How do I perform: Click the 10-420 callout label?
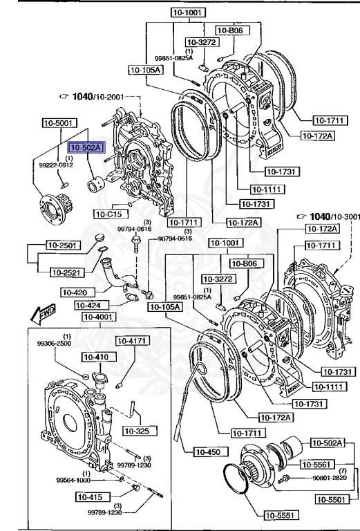pyautogui.click(x=77, y=292)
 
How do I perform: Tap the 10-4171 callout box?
pyautogui.click(x=131, y=341)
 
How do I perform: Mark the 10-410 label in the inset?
pyautogui.click(x=98, y=357)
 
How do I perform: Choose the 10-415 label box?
pyautogui.click(x=91, y=496)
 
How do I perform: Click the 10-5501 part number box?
pyautogui.click(x=333, y=499)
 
